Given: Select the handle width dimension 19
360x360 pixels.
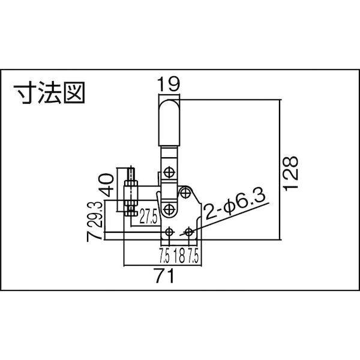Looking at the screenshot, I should coord(169,84).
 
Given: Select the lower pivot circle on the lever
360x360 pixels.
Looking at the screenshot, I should coord(170,209).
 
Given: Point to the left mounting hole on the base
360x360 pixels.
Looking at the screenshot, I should coord(170,231).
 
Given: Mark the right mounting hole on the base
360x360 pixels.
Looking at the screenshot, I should coord(189,231).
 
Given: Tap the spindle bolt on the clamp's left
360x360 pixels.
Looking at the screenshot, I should coord(131,192).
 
